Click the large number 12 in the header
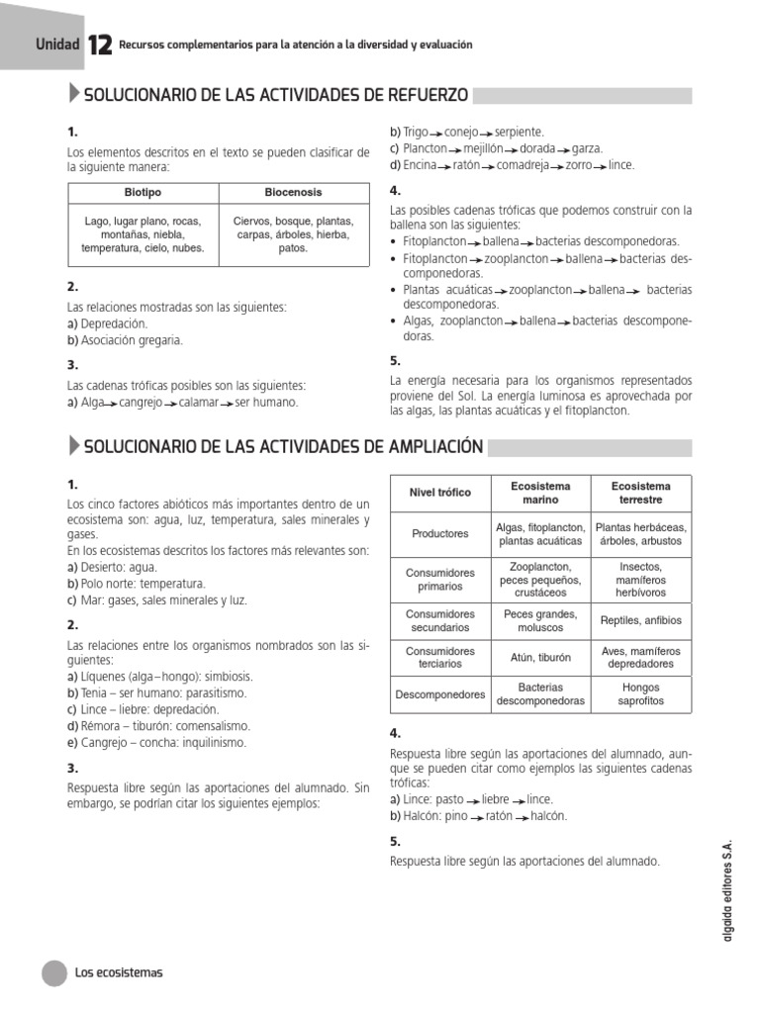point(99,46)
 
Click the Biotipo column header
point(142,192)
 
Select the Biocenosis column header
point(293,192)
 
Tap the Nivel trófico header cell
point(440,493)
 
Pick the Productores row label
point(440,534)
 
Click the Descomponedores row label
point(440,694)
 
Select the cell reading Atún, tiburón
point(540,657)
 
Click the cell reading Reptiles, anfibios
point(641,621)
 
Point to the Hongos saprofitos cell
point(641,694)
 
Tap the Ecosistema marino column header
point(540,493)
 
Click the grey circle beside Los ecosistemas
point(54,972)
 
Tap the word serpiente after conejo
point(519,132)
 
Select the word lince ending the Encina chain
point(621,165)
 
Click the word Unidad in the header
point(56,44)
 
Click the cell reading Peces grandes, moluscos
point(540,621)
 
